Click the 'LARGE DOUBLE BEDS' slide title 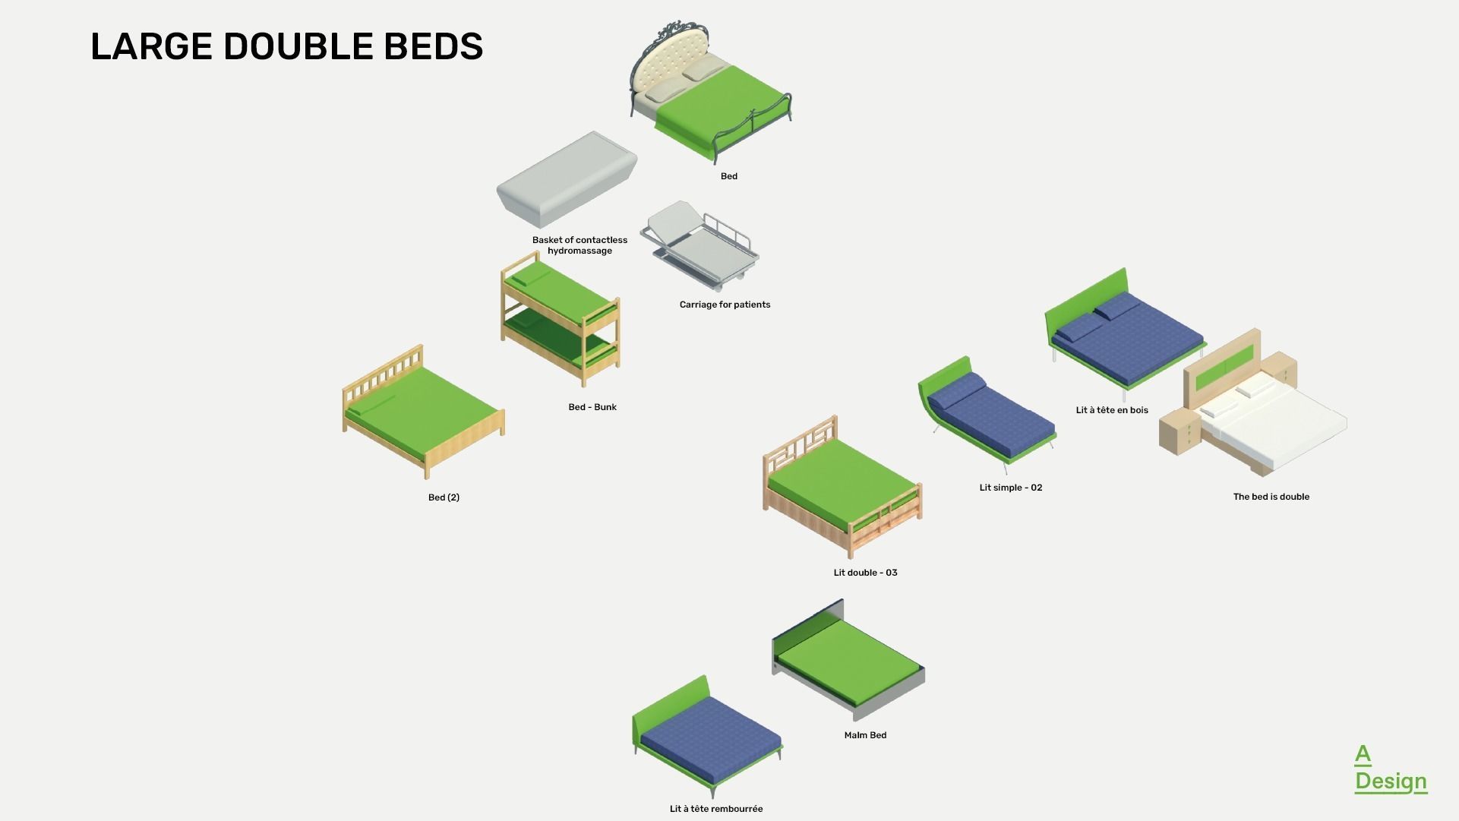click(x=286, y=46)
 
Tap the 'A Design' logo click(x=1390, y=769)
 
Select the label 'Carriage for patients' click(x=725, y=305)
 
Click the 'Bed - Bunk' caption click(x=592, y=407)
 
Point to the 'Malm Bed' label click(x=865, y=735)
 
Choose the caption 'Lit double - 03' click(x=865, y=573)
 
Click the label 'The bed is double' click(x=1271, y=497)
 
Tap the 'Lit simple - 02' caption click(x=1011, y=488)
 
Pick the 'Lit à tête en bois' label click(x=1112, y=410)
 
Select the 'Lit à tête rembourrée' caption click(x=716, y=809)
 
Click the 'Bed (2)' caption click(x=444, y=497)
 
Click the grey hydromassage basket click(x=567, y=179)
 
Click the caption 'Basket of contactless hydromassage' click(x=579, y=245)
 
